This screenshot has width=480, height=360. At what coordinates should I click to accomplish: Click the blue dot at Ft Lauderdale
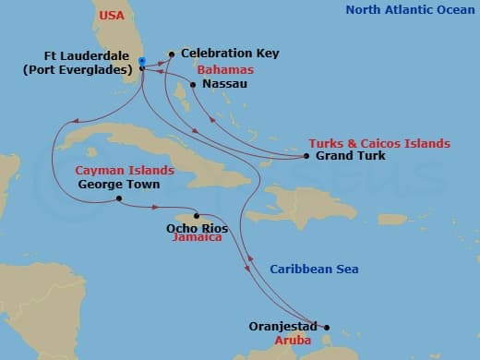(x=141, y=61)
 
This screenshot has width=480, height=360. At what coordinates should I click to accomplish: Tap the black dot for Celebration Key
(x=172, y=54)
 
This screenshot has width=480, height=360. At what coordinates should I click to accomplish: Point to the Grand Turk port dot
(x=306, y=156)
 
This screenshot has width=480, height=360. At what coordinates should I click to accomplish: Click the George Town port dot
(x=120, y=199)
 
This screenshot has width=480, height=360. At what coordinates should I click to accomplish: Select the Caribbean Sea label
(x=314, y=269)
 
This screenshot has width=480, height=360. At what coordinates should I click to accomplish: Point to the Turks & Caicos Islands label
(x=379, y=143)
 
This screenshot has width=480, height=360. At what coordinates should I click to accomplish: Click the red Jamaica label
(x=197, y=237)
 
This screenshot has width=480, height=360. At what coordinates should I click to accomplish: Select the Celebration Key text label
(x=229, y=54)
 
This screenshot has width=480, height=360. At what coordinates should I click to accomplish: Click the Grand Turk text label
(x=351, y=156)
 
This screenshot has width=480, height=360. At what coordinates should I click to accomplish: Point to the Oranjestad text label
(x=283, y=326)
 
